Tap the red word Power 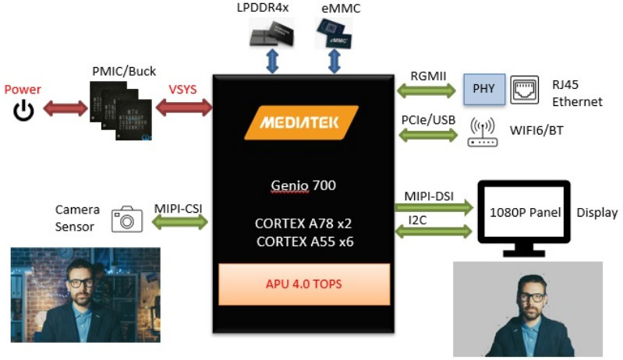pos(23,90)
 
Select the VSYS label pos(183,90)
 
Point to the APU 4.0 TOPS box pos(303,284)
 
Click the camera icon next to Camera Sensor pos(126,221)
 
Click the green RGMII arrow pos(427,91)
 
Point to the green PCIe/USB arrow pos(427,133)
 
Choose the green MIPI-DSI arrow pos(434,207)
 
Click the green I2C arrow pos(434,231)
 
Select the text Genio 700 pos(303,185)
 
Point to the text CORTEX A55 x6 pos(304,242)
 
